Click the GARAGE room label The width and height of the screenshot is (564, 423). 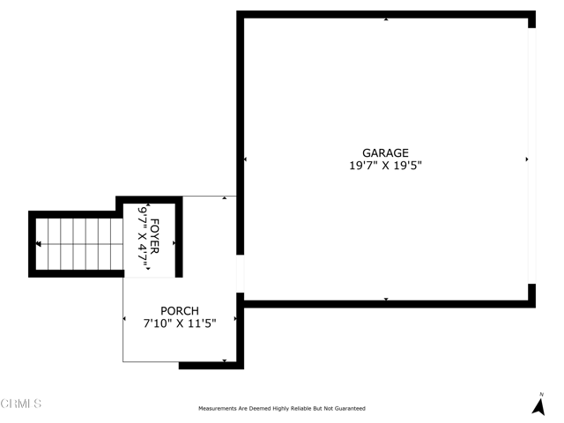coord(385,152)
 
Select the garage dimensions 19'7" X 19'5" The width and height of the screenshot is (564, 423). coord(385,166)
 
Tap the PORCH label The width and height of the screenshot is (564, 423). coord(180,311)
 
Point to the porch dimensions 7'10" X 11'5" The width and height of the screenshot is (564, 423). coord(180,323)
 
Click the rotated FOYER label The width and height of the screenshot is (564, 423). coord(154,236)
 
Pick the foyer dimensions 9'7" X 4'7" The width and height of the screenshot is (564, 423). coord(143,237)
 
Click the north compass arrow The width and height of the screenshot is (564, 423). coord(538,407)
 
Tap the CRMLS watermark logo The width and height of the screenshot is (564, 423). coord(21,404)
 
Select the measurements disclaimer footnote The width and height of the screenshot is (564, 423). coord(282,408)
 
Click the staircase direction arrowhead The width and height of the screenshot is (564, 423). coord(38,244)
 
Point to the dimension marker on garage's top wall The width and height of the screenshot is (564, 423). coord(386,19)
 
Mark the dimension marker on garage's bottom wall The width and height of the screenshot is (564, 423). coord(386,300)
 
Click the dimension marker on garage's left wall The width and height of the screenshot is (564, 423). coord(245,159)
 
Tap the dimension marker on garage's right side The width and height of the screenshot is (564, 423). coord(527,159)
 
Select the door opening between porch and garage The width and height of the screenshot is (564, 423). coord(241,274)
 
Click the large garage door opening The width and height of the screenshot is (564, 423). coord(532,156)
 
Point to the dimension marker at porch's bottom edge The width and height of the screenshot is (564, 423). coord(225,360)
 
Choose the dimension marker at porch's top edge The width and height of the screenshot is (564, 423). coord(225,197)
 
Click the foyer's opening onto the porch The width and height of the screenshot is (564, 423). coord(150,278)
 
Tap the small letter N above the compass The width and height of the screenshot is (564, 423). coord(542,395)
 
